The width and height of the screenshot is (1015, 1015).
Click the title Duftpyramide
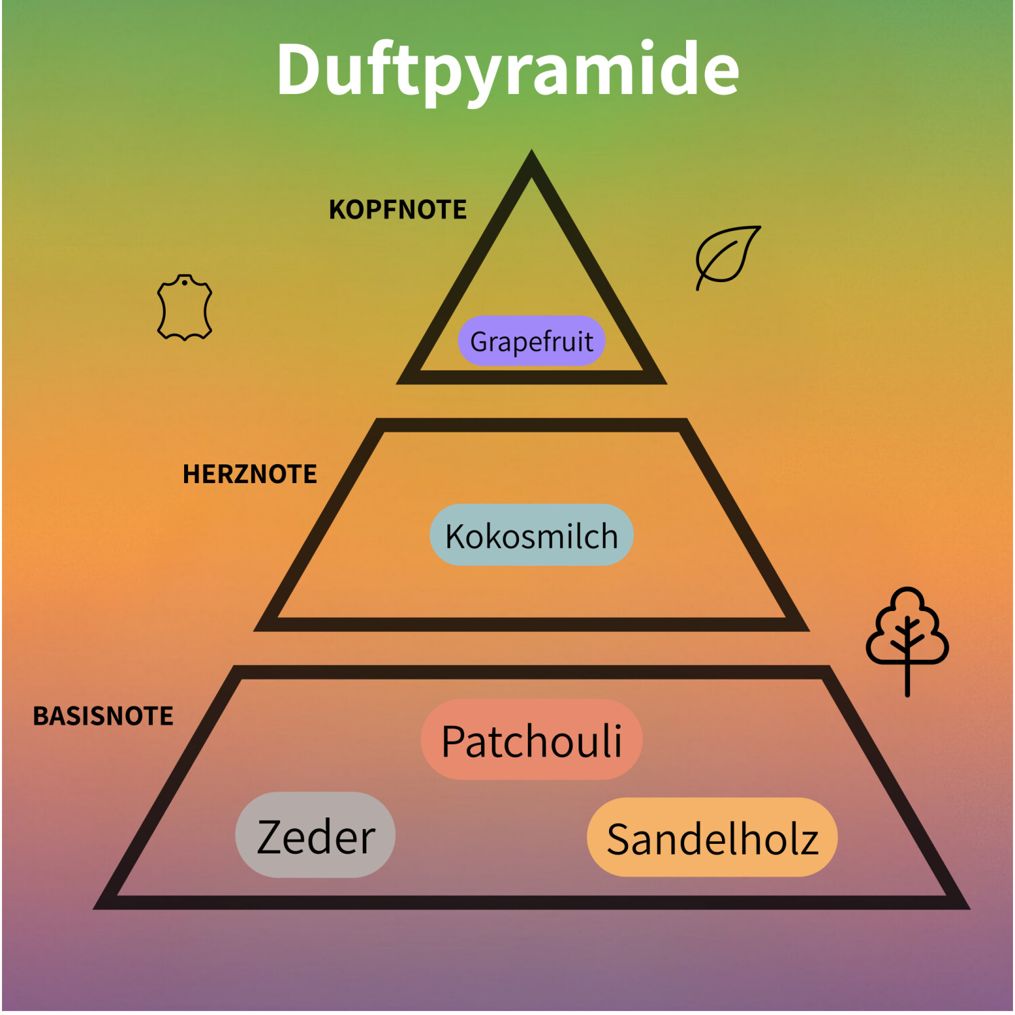point(507,70)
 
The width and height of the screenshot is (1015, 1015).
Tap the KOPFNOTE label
point(397,210)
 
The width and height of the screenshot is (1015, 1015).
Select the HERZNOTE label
point(250,474)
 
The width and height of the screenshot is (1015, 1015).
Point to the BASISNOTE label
point(103,716)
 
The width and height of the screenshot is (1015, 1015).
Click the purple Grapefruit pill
point(531,341)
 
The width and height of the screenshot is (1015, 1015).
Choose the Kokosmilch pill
point(531,535)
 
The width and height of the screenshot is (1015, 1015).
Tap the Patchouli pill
point(531,740)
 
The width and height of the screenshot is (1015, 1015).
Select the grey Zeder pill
point(315,836)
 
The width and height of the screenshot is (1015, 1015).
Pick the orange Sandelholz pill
point(712,838)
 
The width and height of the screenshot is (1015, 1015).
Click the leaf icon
point(727,255)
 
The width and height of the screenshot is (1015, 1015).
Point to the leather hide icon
point(184,308)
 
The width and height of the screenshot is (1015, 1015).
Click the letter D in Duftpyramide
point(299,70)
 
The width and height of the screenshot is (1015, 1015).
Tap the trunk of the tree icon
point(907,680)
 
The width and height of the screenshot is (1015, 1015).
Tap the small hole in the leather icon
point(184,282)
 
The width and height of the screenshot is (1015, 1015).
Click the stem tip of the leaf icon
point(698,288)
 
